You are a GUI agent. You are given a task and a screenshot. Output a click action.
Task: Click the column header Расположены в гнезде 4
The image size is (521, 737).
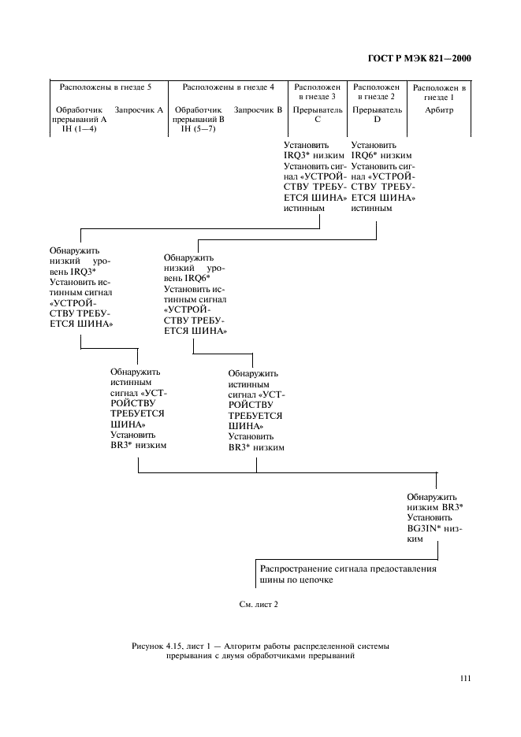(x=229, y=87)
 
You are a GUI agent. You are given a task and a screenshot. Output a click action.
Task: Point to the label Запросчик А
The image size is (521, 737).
(x=139, y=110)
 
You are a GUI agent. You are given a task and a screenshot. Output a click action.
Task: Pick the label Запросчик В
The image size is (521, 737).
(x=259, y=110)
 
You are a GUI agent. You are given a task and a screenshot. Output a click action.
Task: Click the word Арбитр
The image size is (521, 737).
(x=439, y=111)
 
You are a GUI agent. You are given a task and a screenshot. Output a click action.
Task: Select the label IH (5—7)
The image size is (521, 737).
(x=197, y=129)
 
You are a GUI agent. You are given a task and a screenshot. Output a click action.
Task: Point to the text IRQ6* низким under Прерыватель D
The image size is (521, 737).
(x=381, y=156)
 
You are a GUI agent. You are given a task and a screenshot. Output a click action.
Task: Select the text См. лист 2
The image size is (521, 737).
(x=259, y=605)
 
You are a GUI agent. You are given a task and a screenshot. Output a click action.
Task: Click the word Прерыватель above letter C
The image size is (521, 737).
(x=318, y=110)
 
